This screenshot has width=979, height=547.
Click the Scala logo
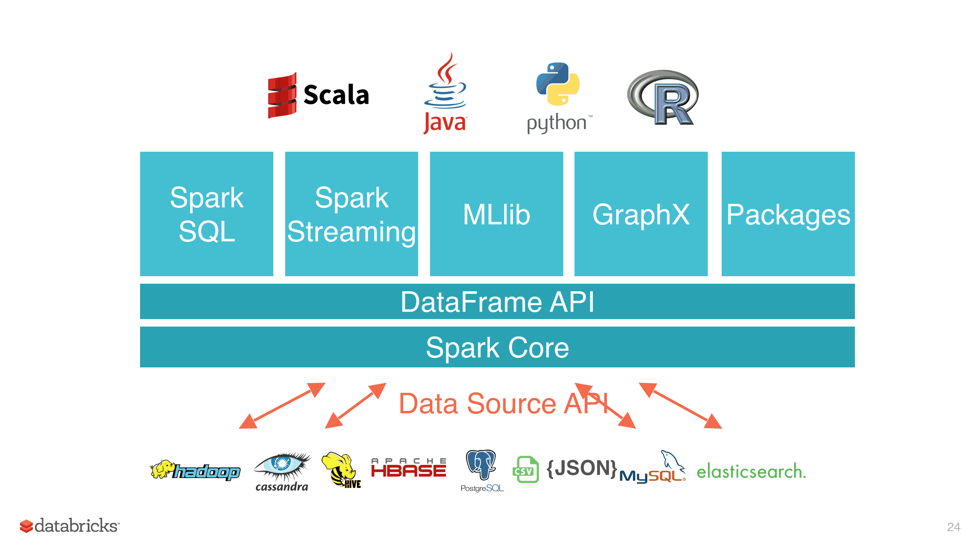(318, 95)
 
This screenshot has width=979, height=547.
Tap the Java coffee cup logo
(445, 93)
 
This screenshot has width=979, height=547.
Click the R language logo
(663, 97)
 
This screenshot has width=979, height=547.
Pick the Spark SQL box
(206, 214)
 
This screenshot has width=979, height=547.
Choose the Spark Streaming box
(351, 214)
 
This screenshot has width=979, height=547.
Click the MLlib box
(496, 214)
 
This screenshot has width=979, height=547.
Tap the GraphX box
(641, 214)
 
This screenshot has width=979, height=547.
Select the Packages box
(788, 214)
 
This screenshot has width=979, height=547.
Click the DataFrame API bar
(497, 301)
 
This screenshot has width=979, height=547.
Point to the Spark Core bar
(497, 347)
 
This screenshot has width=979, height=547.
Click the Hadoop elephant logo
(195, 470)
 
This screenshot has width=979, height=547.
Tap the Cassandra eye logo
(282, 472)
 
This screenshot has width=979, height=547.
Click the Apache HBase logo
(409, 467)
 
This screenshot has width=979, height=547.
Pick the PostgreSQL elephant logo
(482, 471)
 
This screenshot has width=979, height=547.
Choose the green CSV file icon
(526, 469)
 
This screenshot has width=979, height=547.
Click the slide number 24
(954, 527)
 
